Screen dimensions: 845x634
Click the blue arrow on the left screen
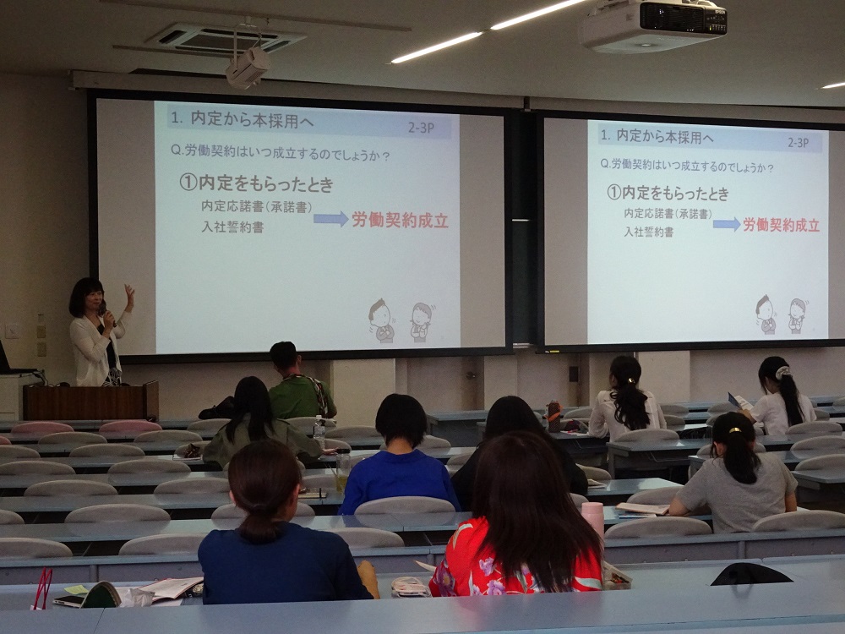[331, 218]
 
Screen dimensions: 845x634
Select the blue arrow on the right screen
[727, 224]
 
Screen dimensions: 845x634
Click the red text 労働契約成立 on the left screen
[400, 220]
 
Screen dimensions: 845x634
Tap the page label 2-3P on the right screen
[799, 142]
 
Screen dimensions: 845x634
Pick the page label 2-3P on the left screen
[421, 128]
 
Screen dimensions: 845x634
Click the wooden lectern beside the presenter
[90, 400]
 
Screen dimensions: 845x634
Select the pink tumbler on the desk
[593, 518]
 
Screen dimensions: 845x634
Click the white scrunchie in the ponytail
[782, 372]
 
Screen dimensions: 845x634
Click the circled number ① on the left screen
[188, 183]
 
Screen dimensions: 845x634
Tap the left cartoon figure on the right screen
[766, 314]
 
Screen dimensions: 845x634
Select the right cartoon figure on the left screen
[422, 322]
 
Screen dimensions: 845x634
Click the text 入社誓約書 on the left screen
[232, 227]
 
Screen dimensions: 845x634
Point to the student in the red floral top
[520, 519]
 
